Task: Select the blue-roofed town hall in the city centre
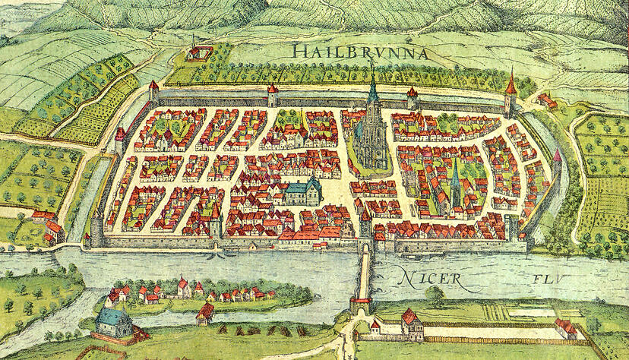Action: coord(302,191)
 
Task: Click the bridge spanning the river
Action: coord(365,273)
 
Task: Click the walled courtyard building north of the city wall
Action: coord(199,53)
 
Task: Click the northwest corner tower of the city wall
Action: coord(154,92)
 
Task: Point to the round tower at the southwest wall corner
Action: coord(97,229)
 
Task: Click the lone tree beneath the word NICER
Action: coord(434,294)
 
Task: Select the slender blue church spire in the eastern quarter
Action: coord(455,182)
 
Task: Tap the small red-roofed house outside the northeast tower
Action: coord(545,100)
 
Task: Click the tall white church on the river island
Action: coord(183,287)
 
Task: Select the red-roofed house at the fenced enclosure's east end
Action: coord(565,327)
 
